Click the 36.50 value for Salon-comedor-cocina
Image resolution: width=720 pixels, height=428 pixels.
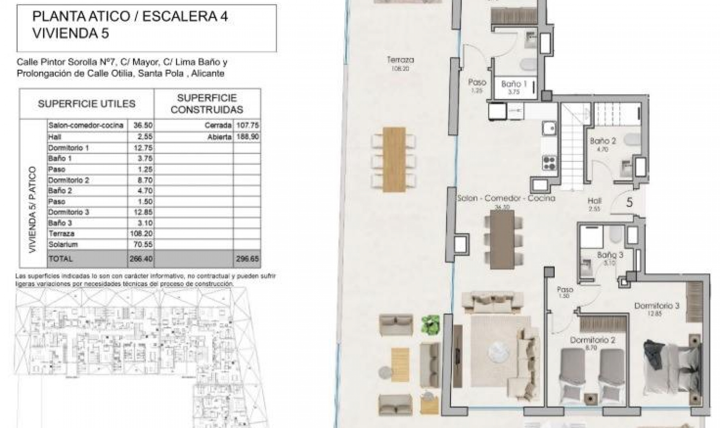pos(143,125)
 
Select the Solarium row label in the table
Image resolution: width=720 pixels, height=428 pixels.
pos(63,244)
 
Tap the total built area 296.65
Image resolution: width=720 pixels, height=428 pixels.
pos(247,259)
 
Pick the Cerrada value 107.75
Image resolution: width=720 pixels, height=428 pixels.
pos(247,125)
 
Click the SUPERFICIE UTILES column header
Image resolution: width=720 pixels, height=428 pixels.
pos(86,104)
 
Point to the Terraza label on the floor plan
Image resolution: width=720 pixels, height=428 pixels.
pos(400,60)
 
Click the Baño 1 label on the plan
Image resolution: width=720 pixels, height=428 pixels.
pos(514,84)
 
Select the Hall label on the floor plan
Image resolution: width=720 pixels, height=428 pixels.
pos(594,201)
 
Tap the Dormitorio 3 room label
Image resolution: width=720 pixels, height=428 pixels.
pos(656,306)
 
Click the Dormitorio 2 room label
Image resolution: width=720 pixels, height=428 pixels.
pos(592,340)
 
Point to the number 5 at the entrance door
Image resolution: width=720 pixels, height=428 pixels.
pos(630,203)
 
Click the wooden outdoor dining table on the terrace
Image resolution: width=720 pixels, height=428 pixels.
pos(394,160)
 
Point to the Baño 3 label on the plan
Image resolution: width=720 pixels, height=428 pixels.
pos(610,255)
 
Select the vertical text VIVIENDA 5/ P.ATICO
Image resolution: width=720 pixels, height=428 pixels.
pos(33,209)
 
